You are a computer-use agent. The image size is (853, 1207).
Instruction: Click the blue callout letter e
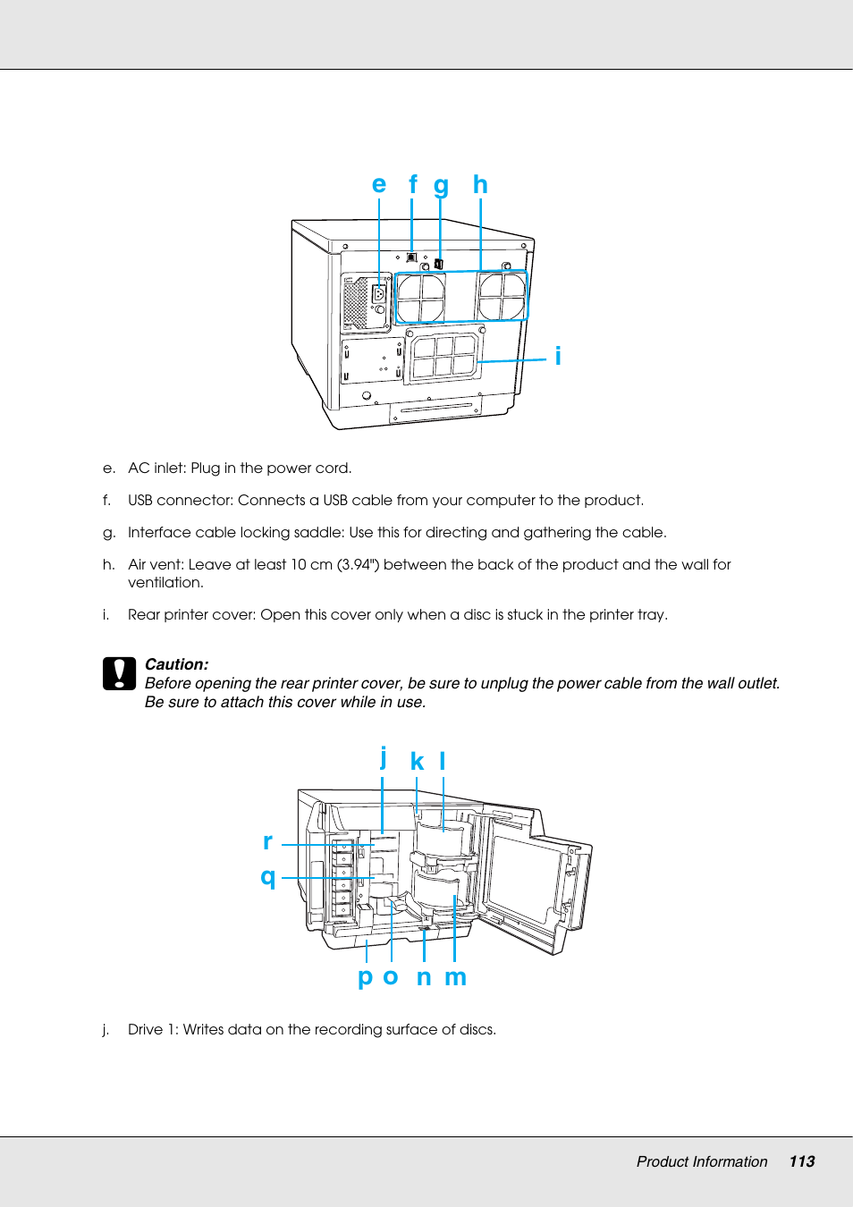click(x=379, y=185)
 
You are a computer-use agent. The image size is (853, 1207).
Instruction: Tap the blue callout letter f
click(x=412, y=184)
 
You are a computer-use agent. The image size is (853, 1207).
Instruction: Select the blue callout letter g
click(x=441, y=186)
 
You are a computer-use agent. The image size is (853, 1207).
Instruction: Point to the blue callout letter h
click(x=480, y=184)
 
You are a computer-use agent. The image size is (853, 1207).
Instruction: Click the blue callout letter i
click(x=558, y=356)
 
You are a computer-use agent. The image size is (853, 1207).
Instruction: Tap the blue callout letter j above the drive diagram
click(x=384, y=757)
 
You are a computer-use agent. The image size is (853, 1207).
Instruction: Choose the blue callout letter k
click(x=417, y=762)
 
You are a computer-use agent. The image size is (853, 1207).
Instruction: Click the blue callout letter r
click(x=267, y=841)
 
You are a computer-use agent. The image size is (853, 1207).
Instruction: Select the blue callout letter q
click(x=267, y=876)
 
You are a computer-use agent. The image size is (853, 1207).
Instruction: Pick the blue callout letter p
click(x=365, y=977)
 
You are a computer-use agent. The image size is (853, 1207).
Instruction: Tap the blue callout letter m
click(x=455, y=977)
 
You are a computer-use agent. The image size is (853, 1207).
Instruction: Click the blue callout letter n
click(x=424, y=977)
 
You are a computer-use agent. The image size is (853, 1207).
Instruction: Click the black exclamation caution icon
click(x=119, y=674)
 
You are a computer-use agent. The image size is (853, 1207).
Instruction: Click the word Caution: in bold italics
click(x=176, y=664)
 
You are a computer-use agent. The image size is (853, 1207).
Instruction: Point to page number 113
click(x=801, y=1161)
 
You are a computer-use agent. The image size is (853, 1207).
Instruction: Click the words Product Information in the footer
click(x=701, y=1161)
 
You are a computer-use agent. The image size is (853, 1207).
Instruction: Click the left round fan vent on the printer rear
click(x=420, y=298)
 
